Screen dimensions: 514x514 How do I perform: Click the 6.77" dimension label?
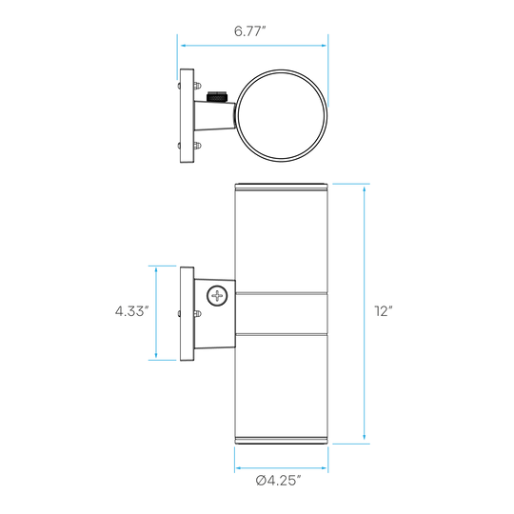[x=249, y=31]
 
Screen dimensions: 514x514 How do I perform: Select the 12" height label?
[x=384, y=310]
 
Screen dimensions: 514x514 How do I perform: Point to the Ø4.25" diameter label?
[x=278, y=481]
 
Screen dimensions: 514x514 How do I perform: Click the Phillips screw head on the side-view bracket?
[x=217, y=296]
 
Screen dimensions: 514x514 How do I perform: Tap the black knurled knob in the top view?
[x=217, y=97]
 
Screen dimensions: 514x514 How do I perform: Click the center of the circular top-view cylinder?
[x=281, y=116]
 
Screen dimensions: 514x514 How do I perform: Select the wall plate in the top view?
[x=187, y=116]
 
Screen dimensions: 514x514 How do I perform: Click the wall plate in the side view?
[x=187, y=314]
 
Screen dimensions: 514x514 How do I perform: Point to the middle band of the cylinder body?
[x=281, y=313]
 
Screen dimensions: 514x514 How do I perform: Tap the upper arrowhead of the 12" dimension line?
[x=365, y=188]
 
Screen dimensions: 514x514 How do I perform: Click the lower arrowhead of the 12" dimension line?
[x=365, y=436]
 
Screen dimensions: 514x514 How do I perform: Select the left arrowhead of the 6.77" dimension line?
[x=185, y=46]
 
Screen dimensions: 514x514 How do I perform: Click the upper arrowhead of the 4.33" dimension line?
[x=156, y=271]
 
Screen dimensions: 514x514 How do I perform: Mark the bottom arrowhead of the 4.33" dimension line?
[x=156, y=355]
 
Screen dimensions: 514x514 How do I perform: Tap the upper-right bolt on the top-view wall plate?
[x=197, y=86]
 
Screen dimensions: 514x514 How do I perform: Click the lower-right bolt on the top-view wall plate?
[x=197, y=146]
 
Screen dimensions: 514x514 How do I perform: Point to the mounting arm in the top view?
[x=214, y=116]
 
